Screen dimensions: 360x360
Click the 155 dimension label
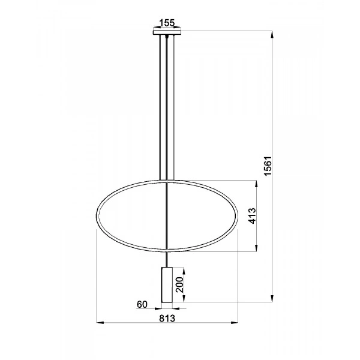point(166,23)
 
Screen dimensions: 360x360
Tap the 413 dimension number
point(252,215)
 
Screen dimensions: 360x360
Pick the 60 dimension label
point(142,305)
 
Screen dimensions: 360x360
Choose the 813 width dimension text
point(167,319)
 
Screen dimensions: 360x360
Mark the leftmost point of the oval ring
point(97,215)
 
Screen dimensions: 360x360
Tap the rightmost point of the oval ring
point(239,215)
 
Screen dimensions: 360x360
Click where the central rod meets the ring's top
point(167,181)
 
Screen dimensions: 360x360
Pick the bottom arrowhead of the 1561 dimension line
point(274,302)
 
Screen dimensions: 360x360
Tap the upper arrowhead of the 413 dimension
point(257,181)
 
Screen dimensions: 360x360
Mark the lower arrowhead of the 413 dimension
point(257,250)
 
